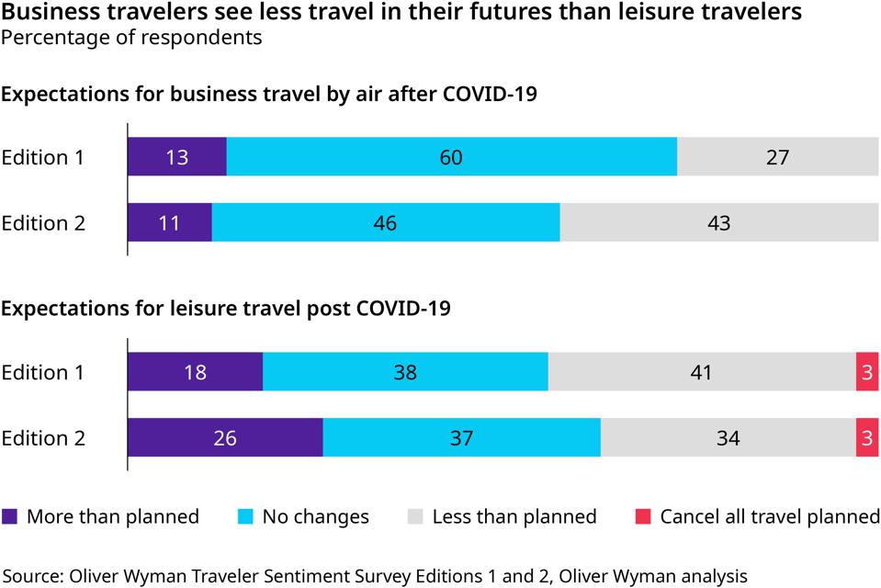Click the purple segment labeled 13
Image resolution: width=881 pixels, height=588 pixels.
tap(176, 157)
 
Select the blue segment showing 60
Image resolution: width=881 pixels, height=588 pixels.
tap(451, 157)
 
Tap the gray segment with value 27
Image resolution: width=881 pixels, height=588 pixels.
tap(777, 157)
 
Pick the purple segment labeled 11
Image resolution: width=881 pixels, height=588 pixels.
tap(169, 223)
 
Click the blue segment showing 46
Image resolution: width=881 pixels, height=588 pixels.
tap(385, 223)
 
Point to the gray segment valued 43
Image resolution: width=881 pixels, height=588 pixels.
tap(718, 223)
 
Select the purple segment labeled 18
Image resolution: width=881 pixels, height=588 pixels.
tap(195, 372)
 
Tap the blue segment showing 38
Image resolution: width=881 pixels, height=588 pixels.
tap(405, 372)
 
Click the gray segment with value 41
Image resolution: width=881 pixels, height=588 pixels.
tap(701, 372)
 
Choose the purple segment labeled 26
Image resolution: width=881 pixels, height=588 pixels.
tap(225, 438)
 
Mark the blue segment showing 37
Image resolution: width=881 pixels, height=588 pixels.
tap(461, 438)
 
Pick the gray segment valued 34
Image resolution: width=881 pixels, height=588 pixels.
tap(728, 438)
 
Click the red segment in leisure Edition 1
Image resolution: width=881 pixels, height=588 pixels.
tap(867, 372)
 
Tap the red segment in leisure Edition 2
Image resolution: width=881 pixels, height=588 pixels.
tap(867, 438)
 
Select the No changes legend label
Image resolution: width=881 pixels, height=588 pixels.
tap(315, 516)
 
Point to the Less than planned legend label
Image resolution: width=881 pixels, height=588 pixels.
tap(514, 516)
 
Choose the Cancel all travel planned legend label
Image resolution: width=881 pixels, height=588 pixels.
tap(769, 516)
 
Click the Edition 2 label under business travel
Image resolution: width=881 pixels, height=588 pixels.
tap(43, 223)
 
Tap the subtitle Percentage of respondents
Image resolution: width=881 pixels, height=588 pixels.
tap(131, 38)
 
